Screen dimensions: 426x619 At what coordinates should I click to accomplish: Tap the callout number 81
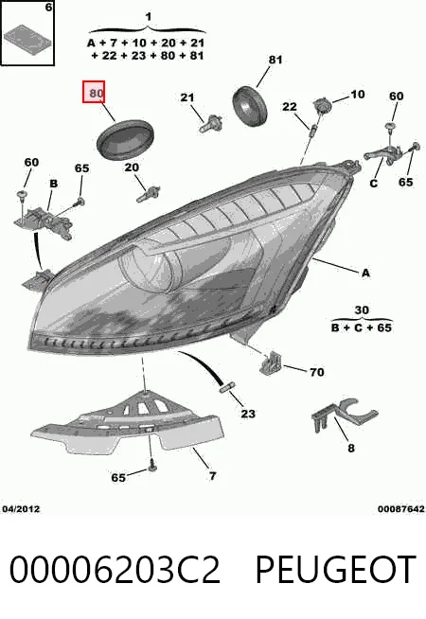[x=275, y=60]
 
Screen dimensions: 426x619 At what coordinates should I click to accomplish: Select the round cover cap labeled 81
[x=250, y=105]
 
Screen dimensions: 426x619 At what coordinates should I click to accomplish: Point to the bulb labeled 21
[x=211, y=124]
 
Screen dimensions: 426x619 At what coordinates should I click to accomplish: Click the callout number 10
[x=357, y=94]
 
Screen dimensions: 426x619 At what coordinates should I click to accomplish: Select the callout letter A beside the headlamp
[x=365, y=273]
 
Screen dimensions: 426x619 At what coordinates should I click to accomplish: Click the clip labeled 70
[x=271, y=362]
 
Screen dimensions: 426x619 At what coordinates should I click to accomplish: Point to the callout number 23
[x=248, y=414]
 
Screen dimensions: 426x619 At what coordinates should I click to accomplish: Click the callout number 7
[x=212, y=476]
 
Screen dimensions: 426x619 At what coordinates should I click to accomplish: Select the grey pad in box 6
[x=27, y=38]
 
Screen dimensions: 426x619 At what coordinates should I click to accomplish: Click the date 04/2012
[x=22, y=509]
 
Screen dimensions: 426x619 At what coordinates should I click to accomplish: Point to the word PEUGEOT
[x=335, y=569]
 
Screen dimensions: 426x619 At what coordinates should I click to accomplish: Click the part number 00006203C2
[x=115, y=569]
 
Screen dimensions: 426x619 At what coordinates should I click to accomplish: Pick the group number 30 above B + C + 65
[x=362, y=310]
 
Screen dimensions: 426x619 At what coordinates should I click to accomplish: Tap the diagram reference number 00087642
[x=401, y=509]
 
